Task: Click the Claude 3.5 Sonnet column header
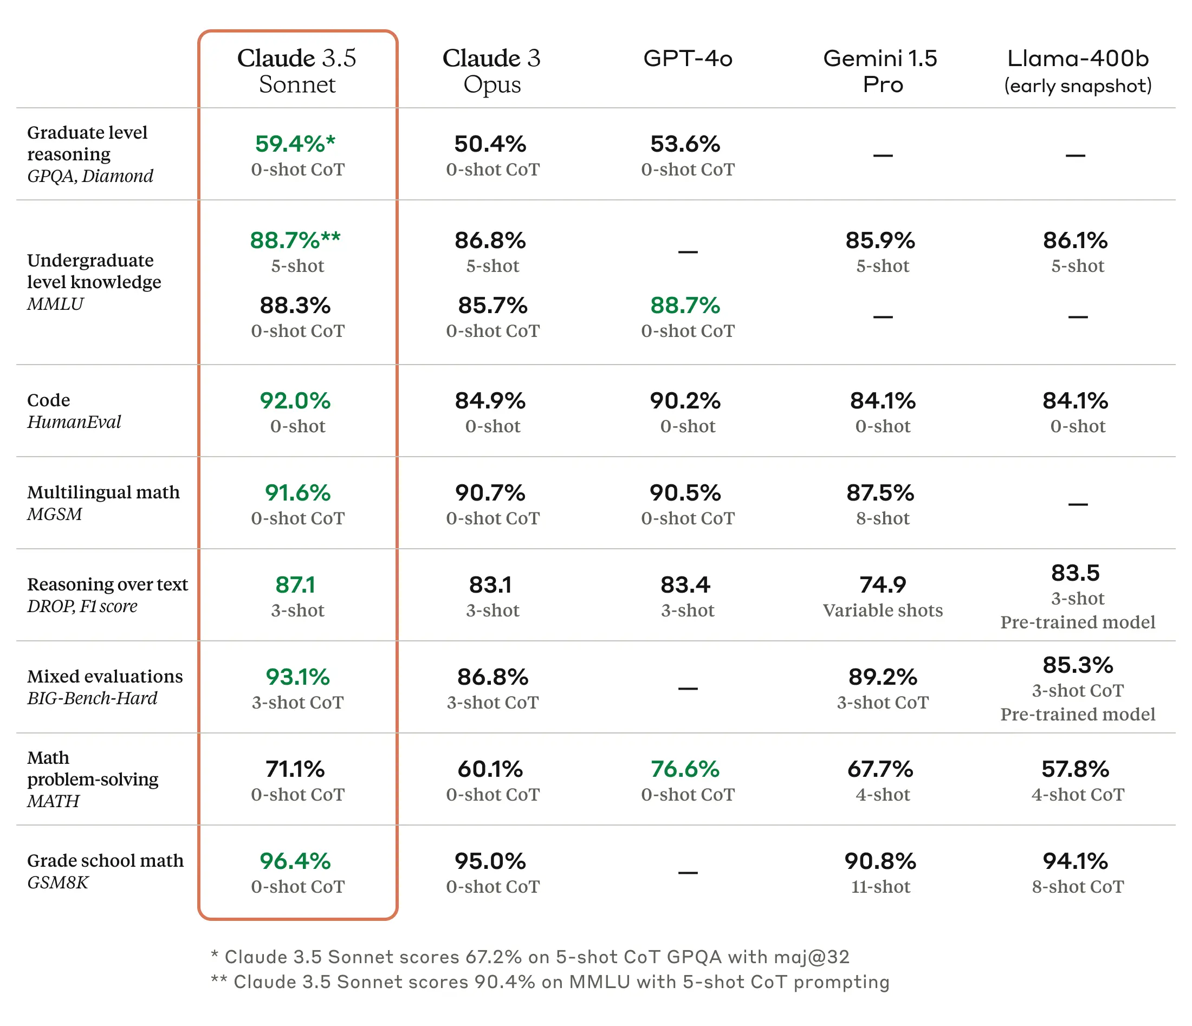pyautogui.click(x=297, y=71)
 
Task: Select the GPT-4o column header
pyautogui.click(x=688, y=58)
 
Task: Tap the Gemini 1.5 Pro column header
pyautogui.click(x=881, y=71)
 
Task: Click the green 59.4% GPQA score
pyautogui.click(x=295, y=144)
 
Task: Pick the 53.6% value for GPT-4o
pyautogui.click(x=685, y=144)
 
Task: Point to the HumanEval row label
pyautogui.click(x=74, y=422)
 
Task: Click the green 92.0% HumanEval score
pyautogui.click(x=295, y=400)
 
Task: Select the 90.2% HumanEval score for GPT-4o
pyautogui.click(x=685, y=400)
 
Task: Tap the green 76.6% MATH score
pyautogui.click(x=685, y=769)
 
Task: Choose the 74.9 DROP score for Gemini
pyautogui.click(x=883, y=585)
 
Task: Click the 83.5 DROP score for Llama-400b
pyautogui.click(x=1075, y=573)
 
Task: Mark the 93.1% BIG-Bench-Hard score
pyautogui.click(x=297, y=677)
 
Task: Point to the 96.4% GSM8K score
pyautogui.click(x=295, y=861)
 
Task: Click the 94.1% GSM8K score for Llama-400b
pyautogui.click(x=1075, y=861)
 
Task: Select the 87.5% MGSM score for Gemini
pyautogui.click(x=880, y=493)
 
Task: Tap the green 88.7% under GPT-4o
pyautogui.click(x=685, y=306)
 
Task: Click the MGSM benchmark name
pyautogui.click(x=55, y=514)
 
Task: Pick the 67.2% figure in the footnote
pyautogui.click(x=493, y=957)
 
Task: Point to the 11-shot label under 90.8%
pyautogui.click(x=881, y=887)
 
